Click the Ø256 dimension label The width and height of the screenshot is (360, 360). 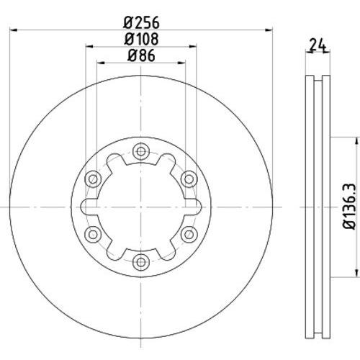point(141,23)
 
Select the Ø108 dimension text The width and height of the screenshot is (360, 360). point(141,39)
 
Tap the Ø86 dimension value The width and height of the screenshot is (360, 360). point(141,55)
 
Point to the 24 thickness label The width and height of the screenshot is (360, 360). point(318,45)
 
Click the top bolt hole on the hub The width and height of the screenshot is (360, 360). point(141,151)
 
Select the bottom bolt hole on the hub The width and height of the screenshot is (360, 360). point(141,261)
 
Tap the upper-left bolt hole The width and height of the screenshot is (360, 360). point(93,179)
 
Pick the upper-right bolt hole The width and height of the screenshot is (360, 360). point(189,179)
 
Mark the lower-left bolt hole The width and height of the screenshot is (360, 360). point(93,234)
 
